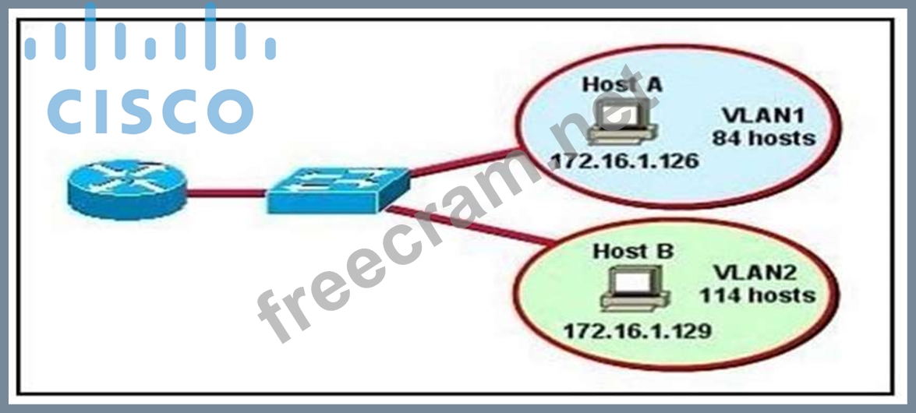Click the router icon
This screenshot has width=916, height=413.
click(127, 189)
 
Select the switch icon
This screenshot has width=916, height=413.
click(339, 190)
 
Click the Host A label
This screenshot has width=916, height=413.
click(621, 84)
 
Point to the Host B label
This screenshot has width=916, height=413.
click(633, 252)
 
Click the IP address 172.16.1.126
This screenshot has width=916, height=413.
click(624, 160)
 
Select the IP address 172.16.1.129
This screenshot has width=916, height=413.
click(637, 331)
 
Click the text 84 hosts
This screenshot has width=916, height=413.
click(763, 138)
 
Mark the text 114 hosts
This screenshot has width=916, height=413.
click(757, 295)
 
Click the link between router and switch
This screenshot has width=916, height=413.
click(227, 192)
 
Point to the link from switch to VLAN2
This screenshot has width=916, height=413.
click(471, 225)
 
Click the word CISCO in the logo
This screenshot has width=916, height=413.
click(150, 111)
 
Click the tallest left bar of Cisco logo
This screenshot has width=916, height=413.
click(90, 36)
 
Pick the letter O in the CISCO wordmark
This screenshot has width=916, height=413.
click(231, 111)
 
